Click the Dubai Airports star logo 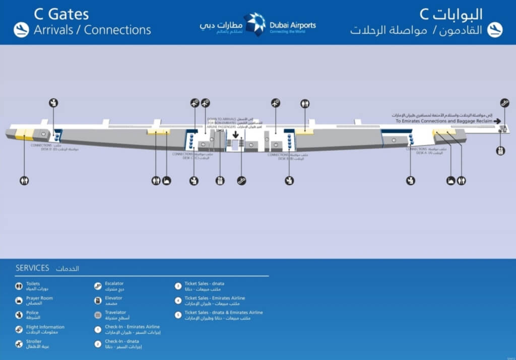(254, 24)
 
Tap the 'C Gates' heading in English (61, 14)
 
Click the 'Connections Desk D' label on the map (42, 147)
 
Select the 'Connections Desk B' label (279, 157)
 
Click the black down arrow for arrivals (235, 135)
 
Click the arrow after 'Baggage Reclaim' (497, 121)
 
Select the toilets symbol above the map (305, 103)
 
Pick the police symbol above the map (53, 103)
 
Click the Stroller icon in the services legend (19, 344)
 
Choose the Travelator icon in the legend (98, 315)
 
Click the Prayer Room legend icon (19, 301)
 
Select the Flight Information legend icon (19, 329)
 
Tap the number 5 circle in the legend (177, 315)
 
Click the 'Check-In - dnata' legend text (119, 341)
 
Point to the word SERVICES (32, 268)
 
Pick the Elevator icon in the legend (98, 301)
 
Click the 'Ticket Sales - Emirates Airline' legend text (215, 298)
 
